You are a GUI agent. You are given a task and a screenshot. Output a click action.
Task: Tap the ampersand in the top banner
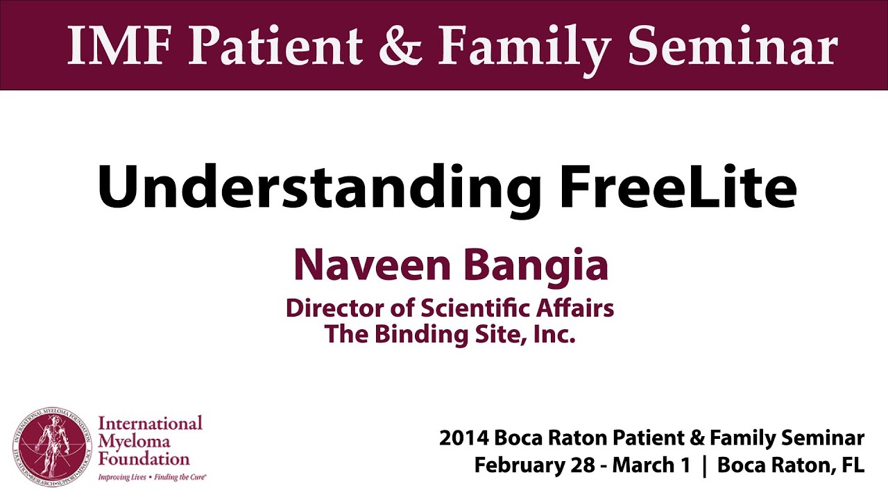coord(400,45)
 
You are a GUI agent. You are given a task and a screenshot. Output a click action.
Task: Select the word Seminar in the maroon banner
coord(733,45)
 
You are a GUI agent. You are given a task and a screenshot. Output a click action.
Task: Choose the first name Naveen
coord(372,265)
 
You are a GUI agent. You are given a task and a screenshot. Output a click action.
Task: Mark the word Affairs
coord(575,308)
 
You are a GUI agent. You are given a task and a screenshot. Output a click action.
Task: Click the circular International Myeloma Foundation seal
coord(52,447)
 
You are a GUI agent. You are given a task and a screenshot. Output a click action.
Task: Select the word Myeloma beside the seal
coord(135,442)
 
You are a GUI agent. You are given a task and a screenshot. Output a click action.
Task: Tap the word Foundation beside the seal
coord(144,460)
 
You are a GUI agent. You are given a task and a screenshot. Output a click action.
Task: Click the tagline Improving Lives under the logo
coord(122,477)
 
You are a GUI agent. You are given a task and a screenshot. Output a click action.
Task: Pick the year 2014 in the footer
coord(463,438)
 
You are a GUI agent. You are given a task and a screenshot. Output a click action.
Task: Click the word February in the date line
coord(520,466)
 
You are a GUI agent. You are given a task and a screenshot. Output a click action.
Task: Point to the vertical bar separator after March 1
coord(704,466)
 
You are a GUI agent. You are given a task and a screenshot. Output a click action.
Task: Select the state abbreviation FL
coord(853,465)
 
